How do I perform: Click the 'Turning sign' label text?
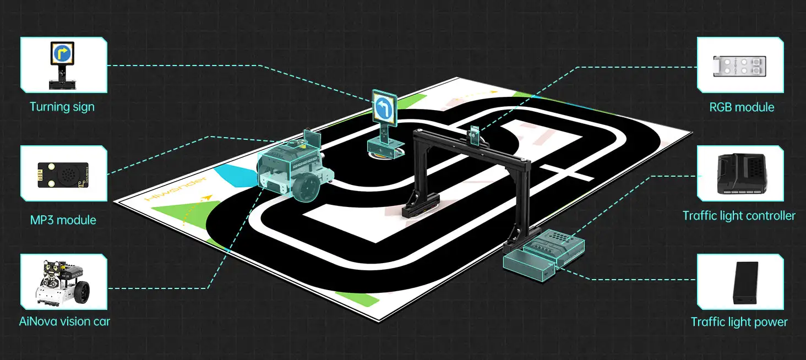[62, 107]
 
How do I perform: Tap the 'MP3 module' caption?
[63, 220]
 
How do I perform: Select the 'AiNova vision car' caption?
[64, 321]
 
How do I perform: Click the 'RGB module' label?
[742, 107]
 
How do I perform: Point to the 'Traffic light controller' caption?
[739, 216]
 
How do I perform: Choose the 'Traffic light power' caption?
[739, 322]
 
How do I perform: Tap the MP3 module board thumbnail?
[63, 174]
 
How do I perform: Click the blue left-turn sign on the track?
[384, 108]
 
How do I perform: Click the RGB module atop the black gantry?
[475, 135]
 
